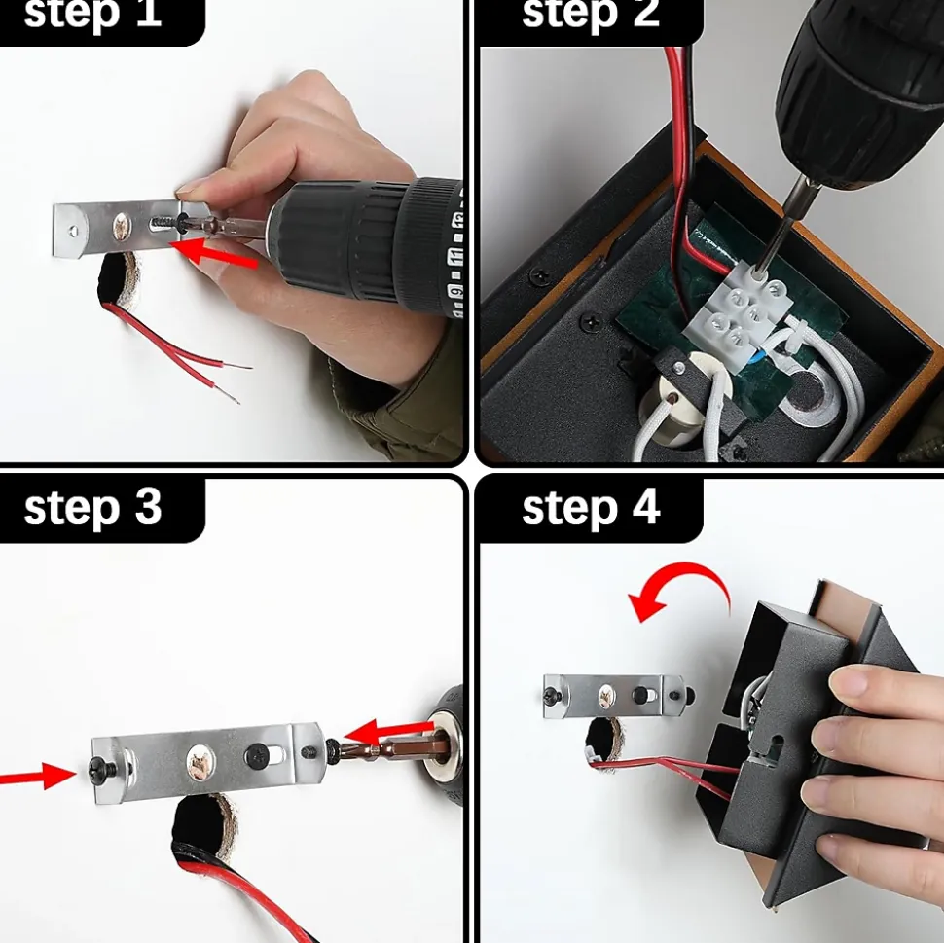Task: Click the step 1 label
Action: (x=92, y=14)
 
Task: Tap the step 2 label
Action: (x=591, y=14)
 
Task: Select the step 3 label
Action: (x=92, y=508)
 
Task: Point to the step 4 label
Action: (x=591, y=508)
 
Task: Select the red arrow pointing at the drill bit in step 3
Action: (x=387, y=731)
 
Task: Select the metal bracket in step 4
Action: (x=616, y=697)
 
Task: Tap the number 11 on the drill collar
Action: (x=455, y=257)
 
